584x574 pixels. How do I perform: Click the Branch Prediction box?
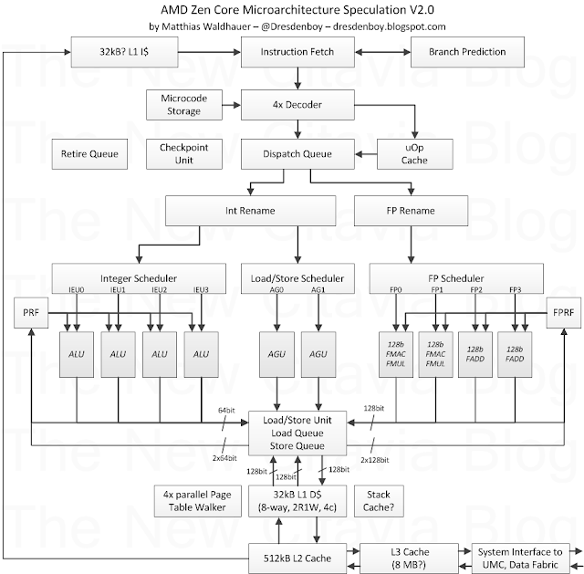click(x=467, y=52)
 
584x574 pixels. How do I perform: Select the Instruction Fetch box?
click(x=297, y=52)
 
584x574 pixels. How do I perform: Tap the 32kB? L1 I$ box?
click(x=124, y=52)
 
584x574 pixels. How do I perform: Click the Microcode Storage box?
click(x=184, y=105)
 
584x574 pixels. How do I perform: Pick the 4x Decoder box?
click(x=297, y=105)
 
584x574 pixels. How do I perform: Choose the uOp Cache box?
click(x=415, y=154)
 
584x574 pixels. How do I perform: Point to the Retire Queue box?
click(x=89, y=154)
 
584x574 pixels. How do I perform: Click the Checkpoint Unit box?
click(x=184, y=154)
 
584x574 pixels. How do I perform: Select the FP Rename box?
click(x=411, y=211)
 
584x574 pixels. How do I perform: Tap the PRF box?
click(x=31, y=312)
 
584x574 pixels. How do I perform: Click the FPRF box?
click(x=564, y=312)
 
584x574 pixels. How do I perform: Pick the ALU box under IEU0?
click(x=77, y=354)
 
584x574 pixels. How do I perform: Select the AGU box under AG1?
click(x=318, y=354)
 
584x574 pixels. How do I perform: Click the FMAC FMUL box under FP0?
click(x=396, y=354)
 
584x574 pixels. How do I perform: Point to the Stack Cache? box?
click(x=379, y=501)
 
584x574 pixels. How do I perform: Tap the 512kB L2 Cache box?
click(x=297, y=558)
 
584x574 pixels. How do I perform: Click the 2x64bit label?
click(x=224, y=458)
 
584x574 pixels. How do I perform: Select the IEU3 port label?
click(x=201, y=289)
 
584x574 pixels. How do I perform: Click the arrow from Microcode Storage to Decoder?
click(x=232, y=105)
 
